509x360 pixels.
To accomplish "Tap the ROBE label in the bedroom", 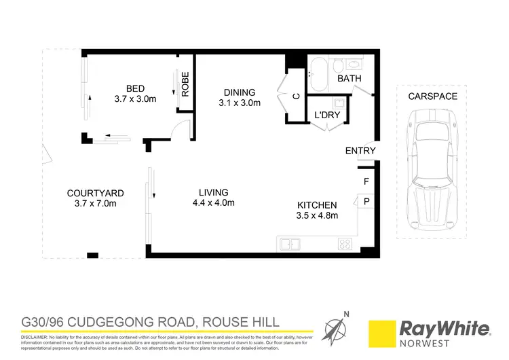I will pos(185,84).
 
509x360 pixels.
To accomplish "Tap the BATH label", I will pos(350,79).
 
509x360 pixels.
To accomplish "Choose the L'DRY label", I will pos(326,115).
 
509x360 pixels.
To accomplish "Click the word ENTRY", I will pos(360,151).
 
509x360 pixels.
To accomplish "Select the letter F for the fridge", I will pos(366,181).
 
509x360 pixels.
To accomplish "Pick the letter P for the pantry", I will pos(366,202).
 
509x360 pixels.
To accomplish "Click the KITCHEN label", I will pos(317,205).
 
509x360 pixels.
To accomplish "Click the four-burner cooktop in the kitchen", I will pos(345,243).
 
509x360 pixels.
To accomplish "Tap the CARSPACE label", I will pos(432,97).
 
